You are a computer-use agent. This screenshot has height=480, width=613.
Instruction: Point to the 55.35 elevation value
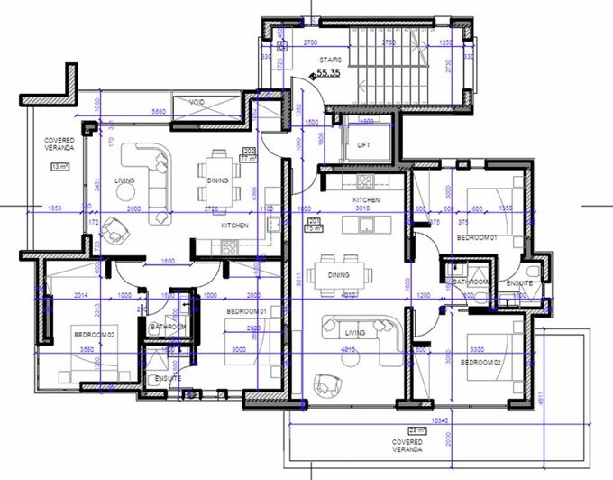[x=327, y=74]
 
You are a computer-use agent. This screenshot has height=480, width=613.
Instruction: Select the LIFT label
[x=363, y=144]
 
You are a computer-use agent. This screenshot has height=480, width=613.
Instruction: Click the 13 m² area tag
[x=59, y=167]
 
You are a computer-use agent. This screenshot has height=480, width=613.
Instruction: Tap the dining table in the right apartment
[x=340, y=274]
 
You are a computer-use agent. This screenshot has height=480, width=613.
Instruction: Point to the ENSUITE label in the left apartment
[x=168, y=377]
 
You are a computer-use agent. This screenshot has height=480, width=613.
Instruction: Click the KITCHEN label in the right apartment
[x=365, y=199]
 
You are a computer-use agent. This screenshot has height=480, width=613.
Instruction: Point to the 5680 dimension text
[x=159, y=112]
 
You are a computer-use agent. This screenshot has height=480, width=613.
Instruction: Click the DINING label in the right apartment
[x=339, y=274]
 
